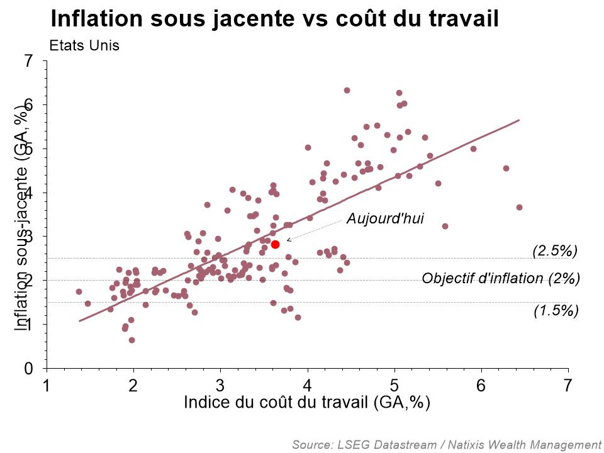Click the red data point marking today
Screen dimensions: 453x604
pyautogui.click(x=275, y=244)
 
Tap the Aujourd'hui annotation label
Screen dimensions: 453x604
pyautogui.click(x=386, y=219)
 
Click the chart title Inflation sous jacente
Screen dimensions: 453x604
pyautogui.click(x=274, y=18)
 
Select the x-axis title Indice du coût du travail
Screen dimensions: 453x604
pyautogui.click(x=307, y=403)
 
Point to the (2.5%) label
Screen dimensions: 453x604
pyautogui.click(x=555, y=250)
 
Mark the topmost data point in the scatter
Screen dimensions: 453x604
pyautogui.click(x=347, y=90)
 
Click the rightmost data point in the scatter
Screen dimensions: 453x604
pyautogui.click(x=519, y=207)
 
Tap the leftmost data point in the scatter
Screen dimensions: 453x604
pyautogui.click(x=79, y=291)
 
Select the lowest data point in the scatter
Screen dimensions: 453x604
pyautogui.click(x=131, y=340)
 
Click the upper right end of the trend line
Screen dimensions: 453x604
pyautogui.click(x=519, y=120)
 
